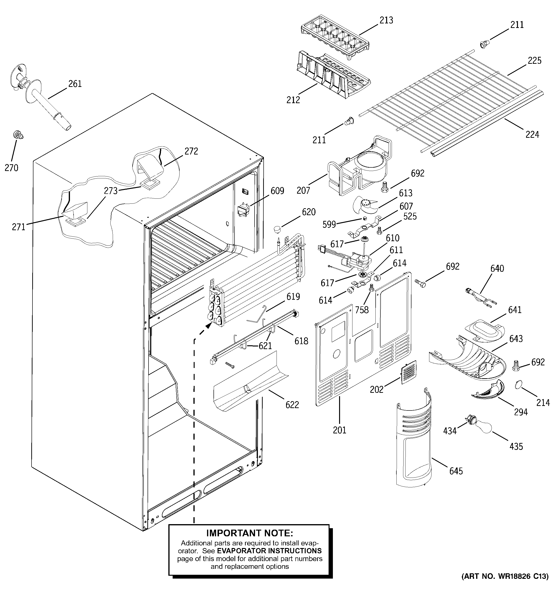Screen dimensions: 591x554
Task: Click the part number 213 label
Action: coord(386,20)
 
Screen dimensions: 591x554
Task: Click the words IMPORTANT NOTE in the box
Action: coord(250,533)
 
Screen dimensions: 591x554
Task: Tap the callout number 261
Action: coord(75,84)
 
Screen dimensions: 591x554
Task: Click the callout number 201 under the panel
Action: coord(339,430)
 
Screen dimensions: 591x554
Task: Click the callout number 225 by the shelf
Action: coord(534,61)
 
